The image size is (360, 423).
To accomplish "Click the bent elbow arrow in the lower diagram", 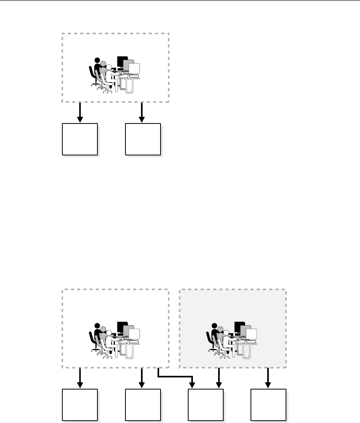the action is pyautogui.click(x=175, y=377).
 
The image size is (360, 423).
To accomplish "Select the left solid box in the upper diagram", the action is pyautogui.click(x=80, y=139).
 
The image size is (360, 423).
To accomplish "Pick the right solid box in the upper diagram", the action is pyautogui.click(x=143, y=139).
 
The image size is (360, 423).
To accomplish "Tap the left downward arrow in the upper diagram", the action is pyautogui.click(x=80, y=112).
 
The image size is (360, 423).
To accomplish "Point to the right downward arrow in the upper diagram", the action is pyautogui.click(x=142, y=112).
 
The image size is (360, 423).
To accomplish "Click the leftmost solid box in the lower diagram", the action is pyautogui.click(x=80, y=405).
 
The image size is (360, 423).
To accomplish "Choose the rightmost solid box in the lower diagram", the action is pyautogui.click(x=268, y=405).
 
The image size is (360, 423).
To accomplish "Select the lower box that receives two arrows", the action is pyautogui.click(x=206, y=405).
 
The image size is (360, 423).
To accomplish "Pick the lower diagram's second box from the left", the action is pyautogui.click(x=143, y=405).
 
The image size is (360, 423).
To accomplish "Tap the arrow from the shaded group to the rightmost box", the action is pyautogui.click(x=268, y=378).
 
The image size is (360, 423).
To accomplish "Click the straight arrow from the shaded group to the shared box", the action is pyautogui.click(x=219, y=378).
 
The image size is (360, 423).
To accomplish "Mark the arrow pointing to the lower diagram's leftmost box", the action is pyautogui.click(x=80, y=378).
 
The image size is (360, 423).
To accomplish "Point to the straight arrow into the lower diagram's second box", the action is pyautogui.click(x=142, y=378).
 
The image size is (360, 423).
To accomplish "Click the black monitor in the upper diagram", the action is pyautogui.click(x=122, y=62).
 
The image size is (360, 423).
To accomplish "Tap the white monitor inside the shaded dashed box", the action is pyautogui.click(x=251, y=334).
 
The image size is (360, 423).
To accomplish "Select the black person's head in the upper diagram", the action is pyautogui.click(x=97, y=60).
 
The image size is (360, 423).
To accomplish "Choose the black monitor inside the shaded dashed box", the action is pyautogui.click(x=239, y=326).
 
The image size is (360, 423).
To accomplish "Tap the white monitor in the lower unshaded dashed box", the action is pyautogui.click(x=134, y=334).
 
